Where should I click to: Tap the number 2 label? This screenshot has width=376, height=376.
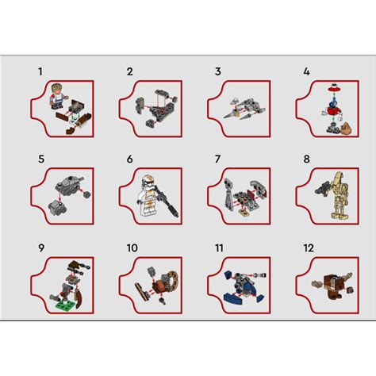pos(129,72)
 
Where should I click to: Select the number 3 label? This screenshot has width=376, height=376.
pos(217,72)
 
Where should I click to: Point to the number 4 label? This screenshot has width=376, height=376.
pos(306,72)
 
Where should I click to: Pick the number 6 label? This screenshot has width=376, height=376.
pos(129,159)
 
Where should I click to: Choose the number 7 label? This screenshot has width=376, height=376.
pos(217,159)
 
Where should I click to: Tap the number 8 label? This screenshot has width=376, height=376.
pos(306,159)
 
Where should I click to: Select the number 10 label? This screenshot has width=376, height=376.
pos(132,248)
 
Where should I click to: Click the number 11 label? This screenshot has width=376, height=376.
pos(219,248)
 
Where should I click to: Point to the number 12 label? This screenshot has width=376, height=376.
pos(309,248)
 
